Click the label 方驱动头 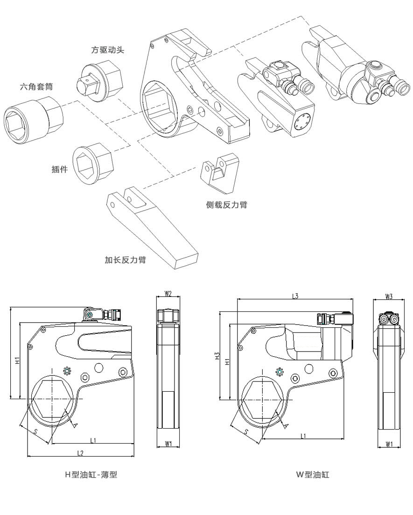[x=108, y=49]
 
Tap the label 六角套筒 [x=35, y=86]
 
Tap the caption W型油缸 [x=313, y=475]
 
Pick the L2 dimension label [x=80, y=453]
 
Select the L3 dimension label [x=295, y=296]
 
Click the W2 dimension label [x=168, y=294]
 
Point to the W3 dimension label [x=389, y=296]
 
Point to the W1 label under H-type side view [x=168, y=444]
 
